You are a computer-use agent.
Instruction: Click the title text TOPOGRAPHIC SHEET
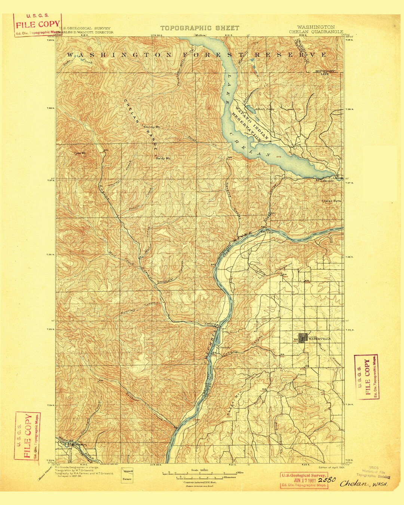pyautogui.click(x=200, y=28)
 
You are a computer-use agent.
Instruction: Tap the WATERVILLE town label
pyautogui.click(x=320, y=339)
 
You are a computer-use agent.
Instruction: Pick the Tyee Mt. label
pyautogui.click(x=80, y=153)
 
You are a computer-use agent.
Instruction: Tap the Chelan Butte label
pyautogui.click(x=331, y=201)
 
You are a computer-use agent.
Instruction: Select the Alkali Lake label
pyautogui.click(x=264, y=109)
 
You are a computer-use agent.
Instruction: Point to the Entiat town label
pyautogui.click(x=208, y=324)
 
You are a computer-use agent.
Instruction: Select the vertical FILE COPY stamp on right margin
pyautogui.click(x=366, y=377)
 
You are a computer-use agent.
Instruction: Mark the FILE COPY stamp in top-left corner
pyautogui.click(x=37, y=25)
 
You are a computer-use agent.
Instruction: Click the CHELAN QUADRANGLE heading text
pyautogui.click(x=316, y=32)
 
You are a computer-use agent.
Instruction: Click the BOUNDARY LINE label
pyautogui.click(x=324, y=72)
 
